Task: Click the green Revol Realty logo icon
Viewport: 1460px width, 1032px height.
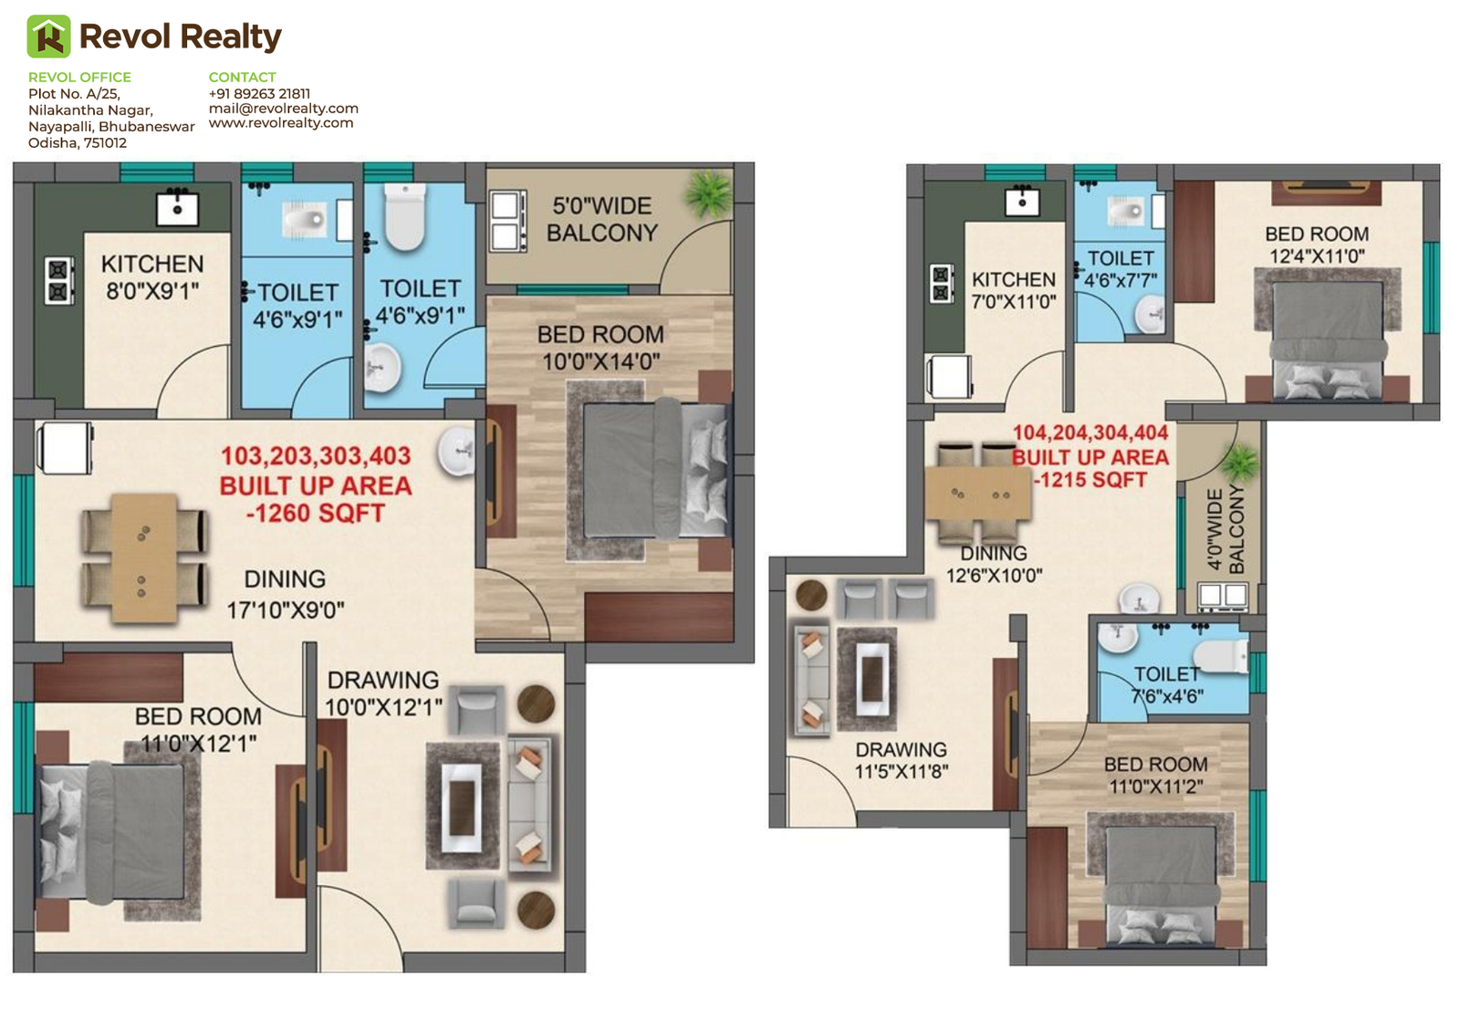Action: pos(48,36)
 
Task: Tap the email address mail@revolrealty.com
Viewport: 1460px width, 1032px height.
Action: pos(284,109)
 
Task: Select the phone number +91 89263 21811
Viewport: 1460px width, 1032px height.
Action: pos(259,93)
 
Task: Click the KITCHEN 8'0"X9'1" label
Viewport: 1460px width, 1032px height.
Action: pos(152,277)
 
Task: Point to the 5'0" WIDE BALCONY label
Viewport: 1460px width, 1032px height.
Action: pos(601,219)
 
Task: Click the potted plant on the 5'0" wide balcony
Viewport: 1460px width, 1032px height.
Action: pos(708,193)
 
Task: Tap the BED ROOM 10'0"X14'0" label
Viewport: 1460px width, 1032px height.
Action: pos(600,348)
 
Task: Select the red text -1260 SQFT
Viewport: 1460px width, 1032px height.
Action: pos(316,514)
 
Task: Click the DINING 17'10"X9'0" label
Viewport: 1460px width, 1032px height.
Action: pos(286,595)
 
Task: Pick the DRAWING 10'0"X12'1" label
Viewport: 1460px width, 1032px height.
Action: pos(383,693)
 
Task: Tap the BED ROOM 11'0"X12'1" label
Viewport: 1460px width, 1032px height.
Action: pos(198,730)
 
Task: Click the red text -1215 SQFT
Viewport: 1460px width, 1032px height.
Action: pos(1090,481)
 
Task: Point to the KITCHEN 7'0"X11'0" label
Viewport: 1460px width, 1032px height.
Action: pos(1014,291)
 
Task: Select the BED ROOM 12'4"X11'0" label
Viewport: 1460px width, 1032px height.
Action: pos(1317,245)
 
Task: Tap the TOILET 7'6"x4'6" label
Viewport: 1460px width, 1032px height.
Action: pos(1167,685)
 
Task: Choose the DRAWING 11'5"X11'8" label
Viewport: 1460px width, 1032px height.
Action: pos(901,761)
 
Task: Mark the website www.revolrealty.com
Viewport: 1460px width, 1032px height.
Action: pos(281,123)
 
